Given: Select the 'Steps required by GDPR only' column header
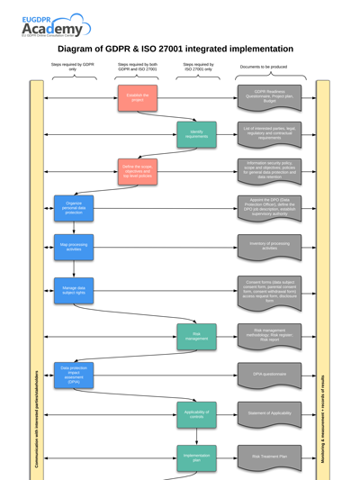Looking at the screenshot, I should point(73,67).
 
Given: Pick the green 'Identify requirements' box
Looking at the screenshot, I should point(196,134).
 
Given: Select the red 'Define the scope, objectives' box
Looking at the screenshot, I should point(137,171).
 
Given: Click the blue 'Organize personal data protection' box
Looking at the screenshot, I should point(73,208).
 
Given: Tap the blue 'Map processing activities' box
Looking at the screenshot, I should point(73,245).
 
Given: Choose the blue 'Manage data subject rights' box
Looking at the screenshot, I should point(73,289).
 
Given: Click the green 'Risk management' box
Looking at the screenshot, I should point(196,336).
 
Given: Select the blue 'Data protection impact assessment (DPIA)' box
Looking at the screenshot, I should point(73,374).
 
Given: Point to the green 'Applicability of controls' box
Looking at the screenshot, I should point(196,413).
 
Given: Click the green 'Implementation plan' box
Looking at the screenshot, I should point(196,457).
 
